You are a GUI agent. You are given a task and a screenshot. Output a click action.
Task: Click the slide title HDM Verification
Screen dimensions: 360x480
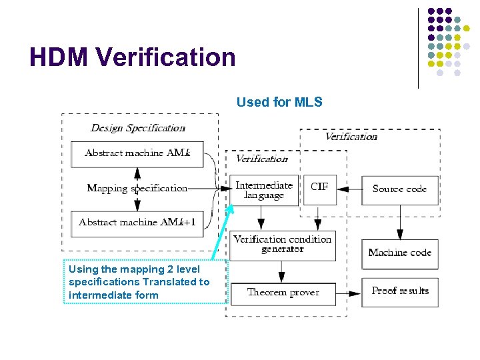132,57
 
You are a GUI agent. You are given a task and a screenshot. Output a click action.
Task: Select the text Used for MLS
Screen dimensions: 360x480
279,102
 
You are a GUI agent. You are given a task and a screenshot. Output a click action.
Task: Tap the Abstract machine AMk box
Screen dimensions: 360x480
137,153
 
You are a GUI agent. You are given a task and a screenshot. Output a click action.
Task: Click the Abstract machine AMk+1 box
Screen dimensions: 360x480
137,222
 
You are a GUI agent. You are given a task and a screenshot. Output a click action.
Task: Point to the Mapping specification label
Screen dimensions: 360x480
137,188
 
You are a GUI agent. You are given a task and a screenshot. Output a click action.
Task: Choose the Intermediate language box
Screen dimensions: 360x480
264,191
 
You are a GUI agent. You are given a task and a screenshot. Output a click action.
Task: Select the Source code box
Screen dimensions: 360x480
399,190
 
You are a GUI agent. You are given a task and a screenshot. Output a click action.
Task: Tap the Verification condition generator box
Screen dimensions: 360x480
282,244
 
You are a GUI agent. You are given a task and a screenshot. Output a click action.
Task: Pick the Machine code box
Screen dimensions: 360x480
399,253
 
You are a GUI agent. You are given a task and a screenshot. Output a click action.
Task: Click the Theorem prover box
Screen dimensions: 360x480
283,292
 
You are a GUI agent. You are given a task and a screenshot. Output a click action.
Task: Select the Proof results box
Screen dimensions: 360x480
399,291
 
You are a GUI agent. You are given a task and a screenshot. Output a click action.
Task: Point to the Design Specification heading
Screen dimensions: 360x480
138,127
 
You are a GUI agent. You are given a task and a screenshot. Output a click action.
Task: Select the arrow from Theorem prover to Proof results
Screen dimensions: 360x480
349,292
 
